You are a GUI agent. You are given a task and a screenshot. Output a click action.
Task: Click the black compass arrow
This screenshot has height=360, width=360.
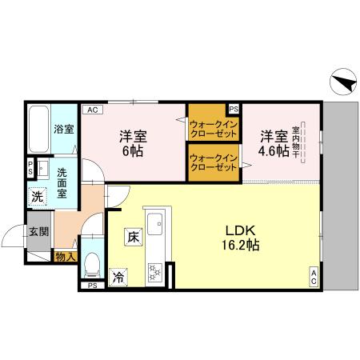click(x=342, y=82)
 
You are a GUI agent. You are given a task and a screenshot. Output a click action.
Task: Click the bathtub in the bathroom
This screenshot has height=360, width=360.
click(x=39, y=130)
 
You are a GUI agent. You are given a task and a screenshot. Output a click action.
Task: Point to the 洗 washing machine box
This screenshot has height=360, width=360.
click(x=38, y=196)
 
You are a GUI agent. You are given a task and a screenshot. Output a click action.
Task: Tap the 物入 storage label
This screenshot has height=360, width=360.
click(x=65, y=256)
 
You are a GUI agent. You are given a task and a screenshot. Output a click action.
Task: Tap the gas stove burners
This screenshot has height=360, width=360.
click(x=154, y=272)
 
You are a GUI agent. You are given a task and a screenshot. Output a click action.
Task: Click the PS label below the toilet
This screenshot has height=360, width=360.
click(x=92, y=285)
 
